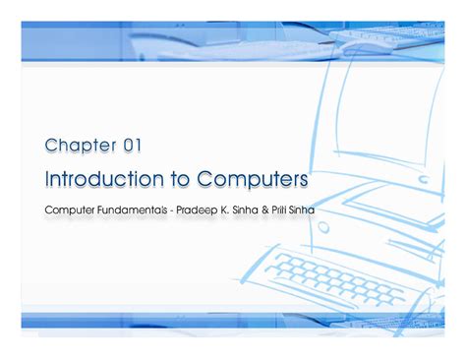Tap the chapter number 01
[133, 146]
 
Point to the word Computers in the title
[253, 180]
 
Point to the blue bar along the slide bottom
[233, 320]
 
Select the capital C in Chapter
[51, 146]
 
